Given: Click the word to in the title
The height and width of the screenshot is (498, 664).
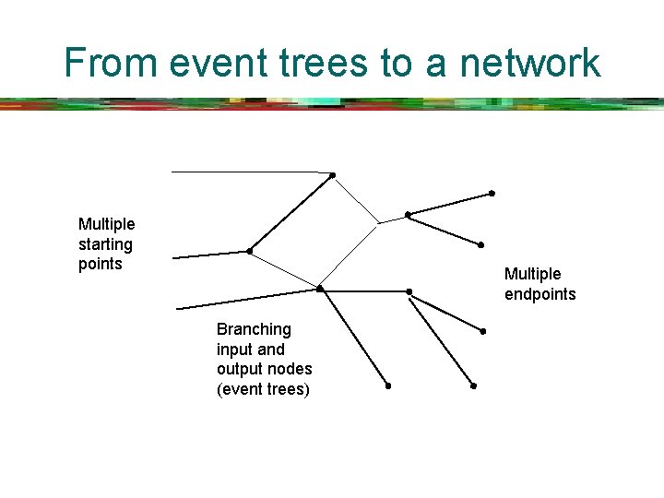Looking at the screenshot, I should (396, 63).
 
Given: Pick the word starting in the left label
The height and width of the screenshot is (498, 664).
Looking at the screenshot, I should (105, 244).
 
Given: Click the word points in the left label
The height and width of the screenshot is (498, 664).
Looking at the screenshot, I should (100, 264).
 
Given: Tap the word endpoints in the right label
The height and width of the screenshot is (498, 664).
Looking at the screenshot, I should (539, 294).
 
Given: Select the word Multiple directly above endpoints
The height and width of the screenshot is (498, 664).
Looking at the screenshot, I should (532, 274).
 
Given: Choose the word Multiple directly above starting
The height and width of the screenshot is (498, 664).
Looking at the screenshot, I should (106, 224).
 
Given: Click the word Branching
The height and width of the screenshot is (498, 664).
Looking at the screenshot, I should (254, 329).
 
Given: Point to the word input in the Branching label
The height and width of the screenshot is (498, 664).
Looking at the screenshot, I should (233, 350).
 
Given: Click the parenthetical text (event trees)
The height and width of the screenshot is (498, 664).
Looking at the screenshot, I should (263, 389).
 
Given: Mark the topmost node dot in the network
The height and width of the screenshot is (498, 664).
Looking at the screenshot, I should (332, 175).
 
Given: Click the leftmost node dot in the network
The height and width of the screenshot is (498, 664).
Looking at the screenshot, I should (249, 251).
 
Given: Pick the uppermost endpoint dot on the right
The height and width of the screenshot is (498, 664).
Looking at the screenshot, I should (492, 194).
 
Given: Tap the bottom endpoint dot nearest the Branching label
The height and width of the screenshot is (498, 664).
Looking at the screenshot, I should (388, 385).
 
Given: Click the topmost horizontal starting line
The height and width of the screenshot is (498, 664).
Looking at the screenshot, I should (249, 172).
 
